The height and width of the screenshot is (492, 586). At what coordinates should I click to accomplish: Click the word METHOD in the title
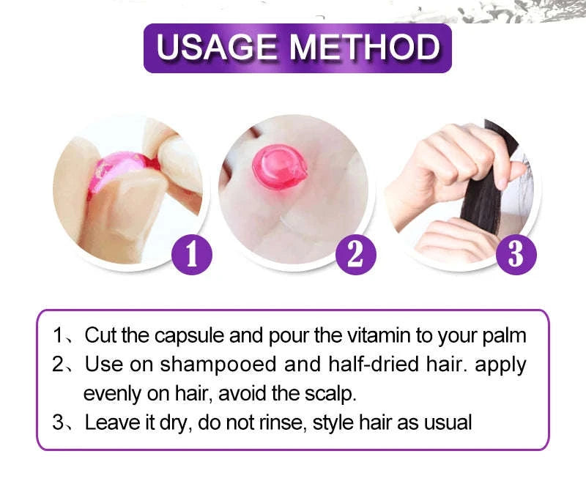pos(365,48)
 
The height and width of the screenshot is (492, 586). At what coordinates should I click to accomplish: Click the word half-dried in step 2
pos(355,365)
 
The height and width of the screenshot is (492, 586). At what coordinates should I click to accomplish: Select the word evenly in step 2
pos(111,394)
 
